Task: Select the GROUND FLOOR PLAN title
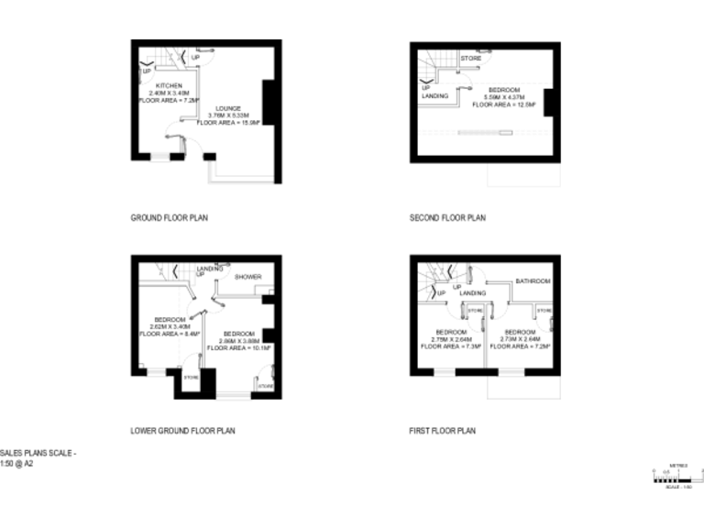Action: tap(170, 218)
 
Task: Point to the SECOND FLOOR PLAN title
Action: tap(447, 218)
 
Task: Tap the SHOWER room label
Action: tap(248, 277)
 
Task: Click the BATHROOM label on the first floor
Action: tap(532, 280)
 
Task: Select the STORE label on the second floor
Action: tap(471, 59)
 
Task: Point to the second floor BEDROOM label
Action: tap(504, 90)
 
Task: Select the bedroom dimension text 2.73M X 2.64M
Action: tap(520, 339)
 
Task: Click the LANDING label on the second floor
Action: tap(434, 95)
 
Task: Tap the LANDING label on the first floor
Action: tap(472, 292)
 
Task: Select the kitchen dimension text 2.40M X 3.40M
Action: tap(166, 93)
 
